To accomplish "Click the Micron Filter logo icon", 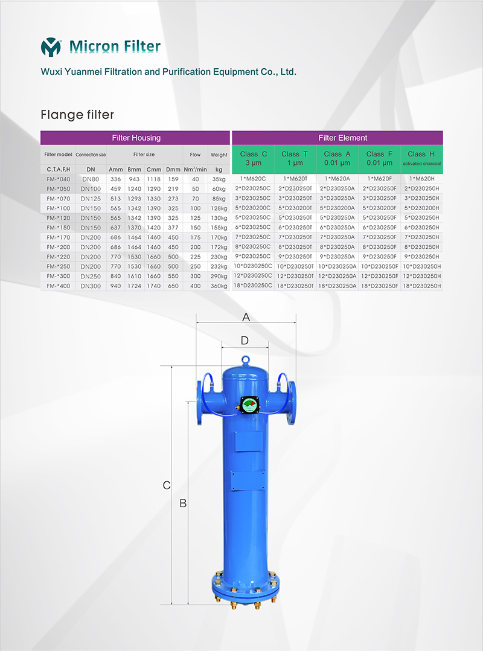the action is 51,47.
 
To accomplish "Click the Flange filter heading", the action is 77,115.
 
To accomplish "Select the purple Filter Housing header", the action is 135,138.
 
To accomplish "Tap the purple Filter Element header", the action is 337,138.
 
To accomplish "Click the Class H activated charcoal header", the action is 421,159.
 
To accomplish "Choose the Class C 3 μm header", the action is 253,159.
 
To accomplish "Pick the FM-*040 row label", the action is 59,179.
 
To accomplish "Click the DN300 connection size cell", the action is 91,286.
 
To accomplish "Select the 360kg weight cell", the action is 219,286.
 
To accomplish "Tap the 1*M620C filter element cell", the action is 253,179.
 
